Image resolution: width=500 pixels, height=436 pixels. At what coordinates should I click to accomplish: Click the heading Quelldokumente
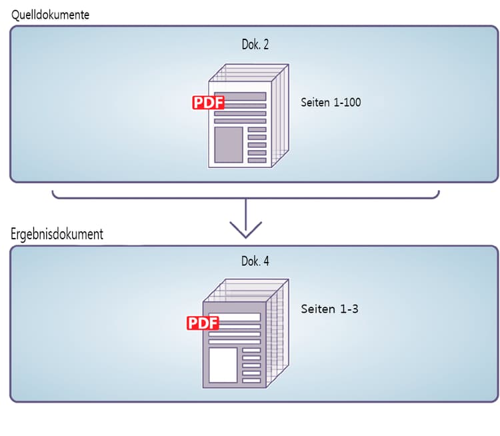50,14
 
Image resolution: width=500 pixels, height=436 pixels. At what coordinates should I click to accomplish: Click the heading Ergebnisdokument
57,235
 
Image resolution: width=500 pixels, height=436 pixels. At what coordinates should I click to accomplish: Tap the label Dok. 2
255,45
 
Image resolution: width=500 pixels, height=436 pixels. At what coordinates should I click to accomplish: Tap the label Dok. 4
255,262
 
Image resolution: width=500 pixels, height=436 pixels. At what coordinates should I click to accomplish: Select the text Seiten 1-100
331,103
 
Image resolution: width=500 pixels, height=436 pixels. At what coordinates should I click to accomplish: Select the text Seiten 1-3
329,309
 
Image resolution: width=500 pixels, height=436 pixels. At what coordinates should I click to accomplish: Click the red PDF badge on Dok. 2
208,103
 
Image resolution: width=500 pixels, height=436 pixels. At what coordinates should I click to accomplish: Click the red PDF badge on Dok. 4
203,323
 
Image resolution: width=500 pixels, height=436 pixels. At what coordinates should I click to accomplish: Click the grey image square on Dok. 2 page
228,145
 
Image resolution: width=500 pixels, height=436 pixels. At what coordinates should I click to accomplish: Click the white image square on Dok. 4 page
223,365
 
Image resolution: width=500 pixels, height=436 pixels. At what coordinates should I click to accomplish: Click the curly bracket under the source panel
245,197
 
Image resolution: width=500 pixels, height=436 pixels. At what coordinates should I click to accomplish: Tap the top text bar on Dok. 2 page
240,96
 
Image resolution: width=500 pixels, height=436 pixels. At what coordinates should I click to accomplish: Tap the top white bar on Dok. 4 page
234,317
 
